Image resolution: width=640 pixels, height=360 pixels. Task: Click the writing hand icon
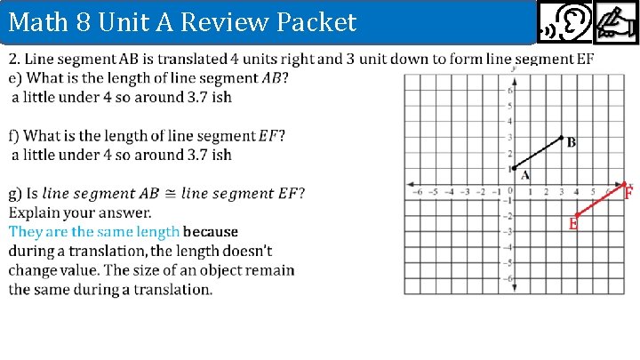(616, 21)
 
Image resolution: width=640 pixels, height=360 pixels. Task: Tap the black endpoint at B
(561, 138)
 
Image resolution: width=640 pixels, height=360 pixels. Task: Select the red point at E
(577, 215)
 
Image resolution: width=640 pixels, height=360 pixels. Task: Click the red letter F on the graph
(628, 192)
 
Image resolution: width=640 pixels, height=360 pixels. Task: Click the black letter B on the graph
(571, 142)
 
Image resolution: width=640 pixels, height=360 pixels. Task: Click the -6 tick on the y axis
(510, 278)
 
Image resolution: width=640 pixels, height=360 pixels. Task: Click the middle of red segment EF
(600, 200)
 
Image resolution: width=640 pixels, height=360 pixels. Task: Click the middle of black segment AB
(537, 153)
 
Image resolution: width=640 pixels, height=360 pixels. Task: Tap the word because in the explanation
(211, 232)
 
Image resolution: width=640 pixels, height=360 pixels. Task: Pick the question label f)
(13, 135)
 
